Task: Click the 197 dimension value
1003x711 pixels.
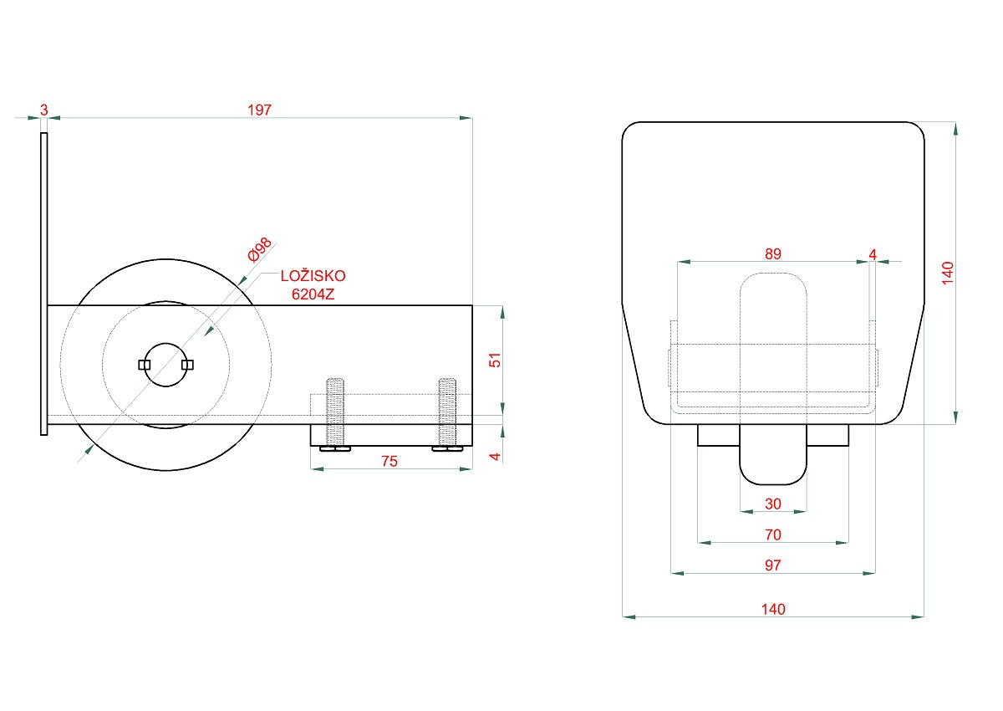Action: click(x=260, y=110)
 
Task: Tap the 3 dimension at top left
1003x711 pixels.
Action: click(x=43, y=110)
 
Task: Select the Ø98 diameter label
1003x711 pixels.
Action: click(x=260, y=249)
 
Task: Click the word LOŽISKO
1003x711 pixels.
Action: click(x=313, y=276)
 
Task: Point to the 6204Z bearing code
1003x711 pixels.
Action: click(x=313, y=294)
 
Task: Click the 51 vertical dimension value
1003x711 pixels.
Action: click(x=495, y=361)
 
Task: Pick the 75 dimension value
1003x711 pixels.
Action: click(x=389, y=462)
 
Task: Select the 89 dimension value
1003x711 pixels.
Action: click(x=773, y=254)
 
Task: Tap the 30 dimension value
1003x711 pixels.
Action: click(x=773, y=504)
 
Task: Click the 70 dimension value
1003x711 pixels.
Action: click(x=773, y=535)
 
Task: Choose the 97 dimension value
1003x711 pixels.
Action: click(x=773, y=565)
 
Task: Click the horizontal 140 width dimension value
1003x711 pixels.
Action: click(x=773, y=609)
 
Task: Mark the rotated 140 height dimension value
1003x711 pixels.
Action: click(x=948, y=273)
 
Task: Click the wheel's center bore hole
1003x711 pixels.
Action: click(x=165, y=365)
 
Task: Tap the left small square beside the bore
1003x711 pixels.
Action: click(x=144, y=365)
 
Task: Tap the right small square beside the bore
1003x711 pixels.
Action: click(x=187, y=365)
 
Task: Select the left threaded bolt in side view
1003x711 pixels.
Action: click(x=335, y=414)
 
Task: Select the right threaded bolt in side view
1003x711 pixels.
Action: click(x=447, y=414)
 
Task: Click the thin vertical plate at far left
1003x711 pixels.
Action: click(x=43, y=284)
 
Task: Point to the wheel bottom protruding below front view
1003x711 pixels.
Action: click(x=773, y=454)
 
